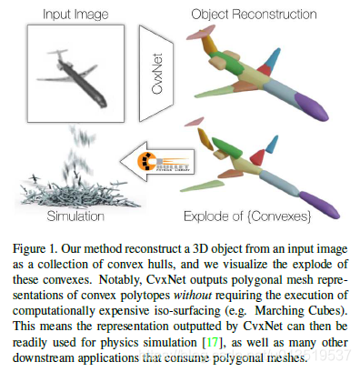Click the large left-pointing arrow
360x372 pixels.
pyautogui.click(x=165, y=163)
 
